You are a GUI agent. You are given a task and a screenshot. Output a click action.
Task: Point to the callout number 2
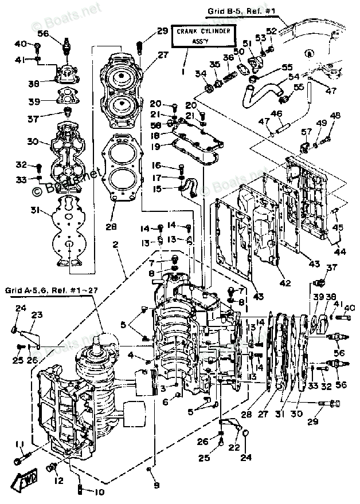click(x=116, y=245)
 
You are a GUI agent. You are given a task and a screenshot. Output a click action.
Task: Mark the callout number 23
click(x=37, y=314)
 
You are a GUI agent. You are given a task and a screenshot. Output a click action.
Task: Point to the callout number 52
click(x=271, y=30)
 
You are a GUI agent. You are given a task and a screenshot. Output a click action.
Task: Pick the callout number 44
click(x=341, y=251)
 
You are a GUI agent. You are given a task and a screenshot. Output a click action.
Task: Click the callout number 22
click(x=233, y=447)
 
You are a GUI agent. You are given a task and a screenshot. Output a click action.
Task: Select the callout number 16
click(x=156, y=166)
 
